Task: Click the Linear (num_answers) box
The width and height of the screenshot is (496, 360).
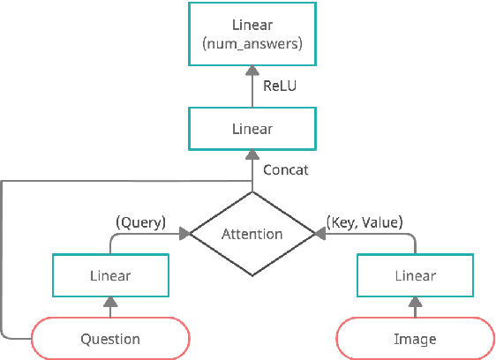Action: coord(252,34)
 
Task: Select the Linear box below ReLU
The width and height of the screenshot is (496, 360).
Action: coord(252,129)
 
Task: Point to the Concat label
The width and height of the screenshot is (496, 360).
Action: coord(286,169)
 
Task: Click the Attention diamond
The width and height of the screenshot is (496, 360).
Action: coord(252,234)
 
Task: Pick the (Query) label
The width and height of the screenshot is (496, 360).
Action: coord(141,222)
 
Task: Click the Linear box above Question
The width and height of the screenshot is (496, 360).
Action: coord(110,275)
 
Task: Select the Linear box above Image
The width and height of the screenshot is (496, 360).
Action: coord(415,275)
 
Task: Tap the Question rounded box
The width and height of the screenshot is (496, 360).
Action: coord(110,338)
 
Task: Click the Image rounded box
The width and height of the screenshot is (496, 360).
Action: coord(415,338)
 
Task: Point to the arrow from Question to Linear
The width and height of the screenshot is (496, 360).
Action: coord(110,307)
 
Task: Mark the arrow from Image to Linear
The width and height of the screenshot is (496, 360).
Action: coord(415,307)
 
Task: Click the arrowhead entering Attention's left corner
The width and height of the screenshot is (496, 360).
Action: coord(185,234)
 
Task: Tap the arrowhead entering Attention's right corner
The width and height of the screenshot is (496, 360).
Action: coord(319,234)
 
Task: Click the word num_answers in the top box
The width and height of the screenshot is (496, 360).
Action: coord(252,43)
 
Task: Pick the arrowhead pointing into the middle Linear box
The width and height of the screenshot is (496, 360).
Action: coord(252,154)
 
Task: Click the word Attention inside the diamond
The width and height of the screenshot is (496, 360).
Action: coord(252,234)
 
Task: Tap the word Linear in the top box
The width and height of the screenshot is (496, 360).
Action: coord(252,26)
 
